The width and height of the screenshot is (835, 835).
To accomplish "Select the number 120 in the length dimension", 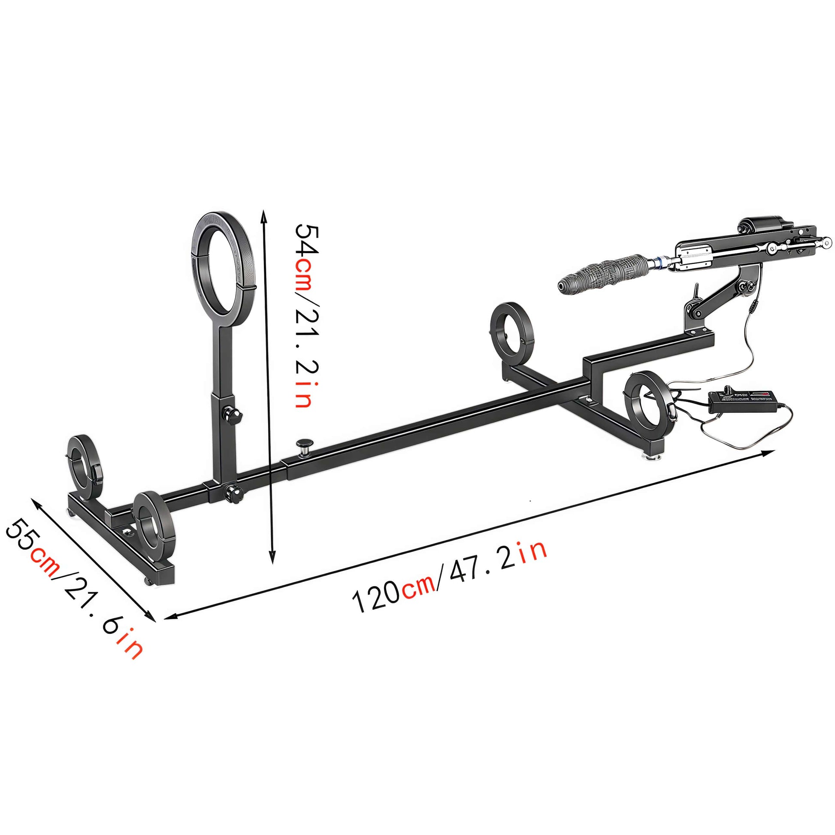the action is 376,597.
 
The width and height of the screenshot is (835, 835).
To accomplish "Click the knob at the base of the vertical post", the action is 234,493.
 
